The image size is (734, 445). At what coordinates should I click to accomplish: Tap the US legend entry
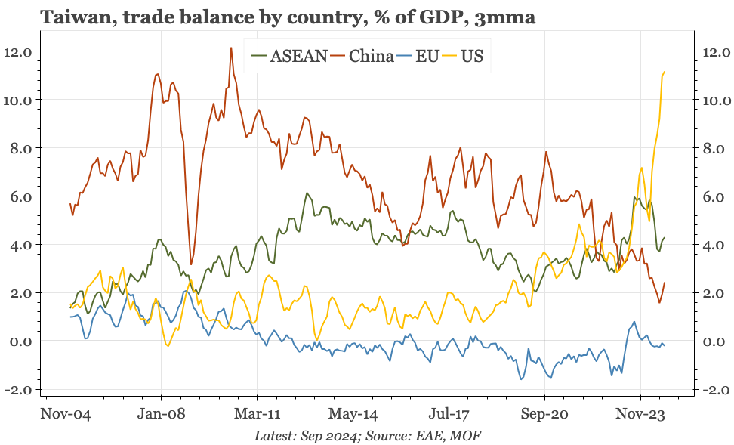coord(472,56)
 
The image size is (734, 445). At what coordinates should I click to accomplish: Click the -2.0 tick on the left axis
coord(16,390)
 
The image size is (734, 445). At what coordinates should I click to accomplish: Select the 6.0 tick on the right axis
coord(715,196)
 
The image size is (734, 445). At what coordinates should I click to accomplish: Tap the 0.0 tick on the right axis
coord(715,341)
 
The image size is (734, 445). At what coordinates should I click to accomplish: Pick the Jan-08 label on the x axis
coord(161,414)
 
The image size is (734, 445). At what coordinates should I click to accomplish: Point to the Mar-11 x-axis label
coord(257,414)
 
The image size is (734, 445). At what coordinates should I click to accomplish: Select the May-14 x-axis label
coord(353,414)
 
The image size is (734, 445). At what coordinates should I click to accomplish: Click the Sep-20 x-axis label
coord(544,414)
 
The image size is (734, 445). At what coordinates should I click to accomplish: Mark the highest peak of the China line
coord(230,48)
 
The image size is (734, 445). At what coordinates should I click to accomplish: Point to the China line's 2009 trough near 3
coord(191,264)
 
